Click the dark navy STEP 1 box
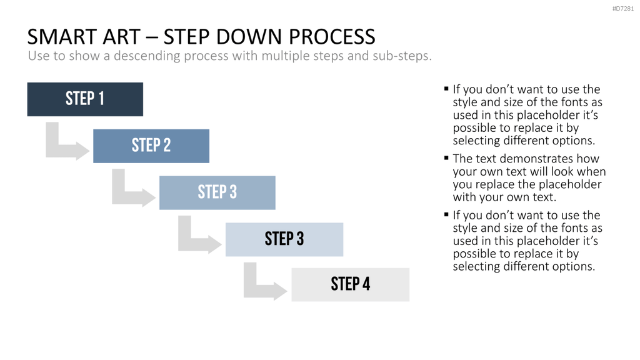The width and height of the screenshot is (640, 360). click(x=85, y=99)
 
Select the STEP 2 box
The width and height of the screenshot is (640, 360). click(x=151, y=146)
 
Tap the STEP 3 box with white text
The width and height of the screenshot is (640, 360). click(x=217, y=192)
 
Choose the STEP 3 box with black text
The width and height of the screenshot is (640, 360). click(x=284, y=239)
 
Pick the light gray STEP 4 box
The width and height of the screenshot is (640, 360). click(x=351, y=285)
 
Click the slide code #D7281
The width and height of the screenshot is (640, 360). click(x=623, y=9)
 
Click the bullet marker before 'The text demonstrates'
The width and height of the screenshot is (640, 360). click(x=446, y=157)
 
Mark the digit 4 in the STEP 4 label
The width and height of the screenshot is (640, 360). click(x=366, y=284)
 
